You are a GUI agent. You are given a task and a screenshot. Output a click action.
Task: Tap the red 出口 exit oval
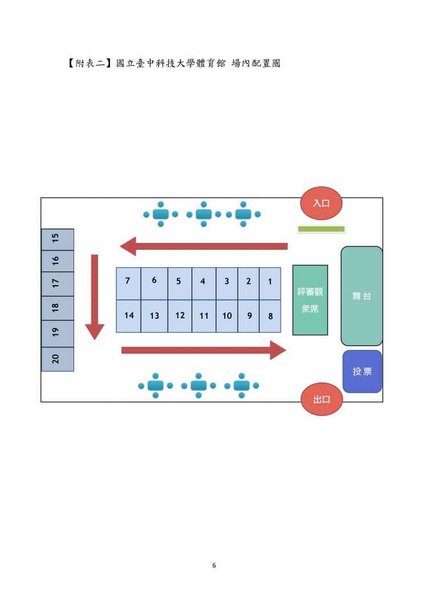[x=321, y=399]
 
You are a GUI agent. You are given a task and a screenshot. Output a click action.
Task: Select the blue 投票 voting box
[x=362, y=371]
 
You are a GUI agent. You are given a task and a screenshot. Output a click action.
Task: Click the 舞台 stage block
[x=362, y=296]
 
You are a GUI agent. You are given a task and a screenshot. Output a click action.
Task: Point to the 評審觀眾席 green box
[x=310, y=300]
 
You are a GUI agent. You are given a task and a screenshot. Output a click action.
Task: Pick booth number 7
[x=128, y=283]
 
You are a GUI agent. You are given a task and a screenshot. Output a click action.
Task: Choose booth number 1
[x=270, y=283]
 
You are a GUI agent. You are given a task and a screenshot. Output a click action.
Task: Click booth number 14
[x=129, y=316]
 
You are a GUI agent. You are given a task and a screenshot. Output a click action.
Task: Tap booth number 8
[x=270, y=316]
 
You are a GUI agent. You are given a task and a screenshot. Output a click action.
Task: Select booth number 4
[x=203, y=283]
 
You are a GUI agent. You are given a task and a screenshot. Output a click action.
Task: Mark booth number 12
[x=180, y=316]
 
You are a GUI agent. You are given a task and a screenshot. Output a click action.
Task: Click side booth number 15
[x=58, y=239]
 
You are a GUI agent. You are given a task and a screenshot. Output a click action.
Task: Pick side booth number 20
[x=58, y=359]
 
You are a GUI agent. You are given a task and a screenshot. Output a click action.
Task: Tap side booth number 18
[x=58, y=308]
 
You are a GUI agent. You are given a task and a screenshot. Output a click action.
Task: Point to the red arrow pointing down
[x=95, y=297]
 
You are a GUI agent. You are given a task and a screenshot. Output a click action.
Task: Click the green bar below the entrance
[x=321, y=229]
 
